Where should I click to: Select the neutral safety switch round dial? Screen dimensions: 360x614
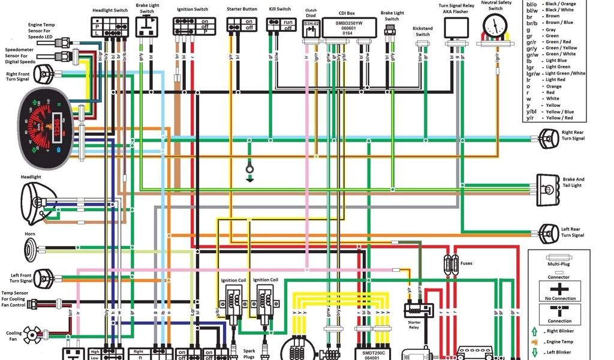click(495, 26)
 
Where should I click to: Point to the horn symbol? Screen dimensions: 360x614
click(30, 247)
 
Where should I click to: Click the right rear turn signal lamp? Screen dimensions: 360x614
click(547, 138)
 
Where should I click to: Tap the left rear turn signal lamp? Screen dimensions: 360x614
click(547, 232)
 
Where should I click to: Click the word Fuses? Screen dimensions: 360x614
click(467, 263)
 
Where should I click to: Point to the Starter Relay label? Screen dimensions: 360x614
click(414, 325)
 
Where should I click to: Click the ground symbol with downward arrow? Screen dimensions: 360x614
click(249, 172)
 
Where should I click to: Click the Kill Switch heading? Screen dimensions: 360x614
click(279, 9)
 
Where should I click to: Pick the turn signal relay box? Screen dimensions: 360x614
click(456, 28)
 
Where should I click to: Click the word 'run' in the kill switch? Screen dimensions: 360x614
click(288, 22)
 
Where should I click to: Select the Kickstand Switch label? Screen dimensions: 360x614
click(423, 31)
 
